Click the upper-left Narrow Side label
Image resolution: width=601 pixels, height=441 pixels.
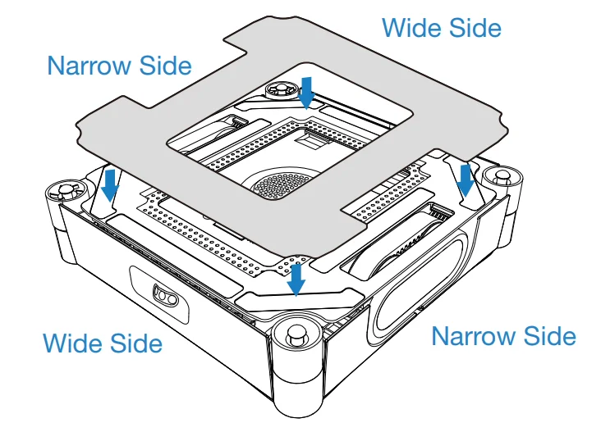(x=119, y=66)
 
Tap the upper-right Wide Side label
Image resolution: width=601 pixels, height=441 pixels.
(x=442, y=28)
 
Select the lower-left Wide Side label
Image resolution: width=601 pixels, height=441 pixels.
(x=102, y=343)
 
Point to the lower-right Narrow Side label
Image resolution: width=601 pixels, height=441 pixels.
(x=503, y=336)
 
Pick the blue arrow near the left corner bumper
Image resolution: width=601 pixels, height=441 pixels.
(x=110, y=188)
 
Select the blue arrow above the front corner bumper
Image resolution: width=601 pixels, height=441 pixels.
(x=297, y=276)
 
